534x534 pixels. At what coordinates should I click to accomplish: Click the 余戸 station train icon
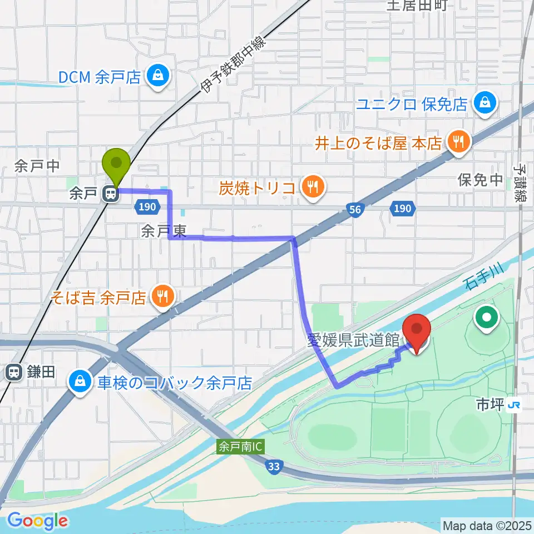click(x=110, y=194)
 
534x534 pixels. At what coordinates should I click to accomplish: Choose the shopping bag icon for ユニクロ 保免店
click(x=486, y=103)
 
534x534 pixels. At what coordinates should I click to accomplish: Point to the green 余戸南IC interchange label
click(x=240, y=447)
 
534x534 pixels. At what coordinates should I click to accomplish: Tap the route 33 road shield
click(x=273, y=468)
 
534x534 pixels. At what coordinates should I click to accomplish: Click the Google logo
click(x=37, y=521)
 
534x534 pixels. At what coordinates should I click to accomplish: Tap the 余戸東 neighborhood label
click(x=163, y=231)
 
